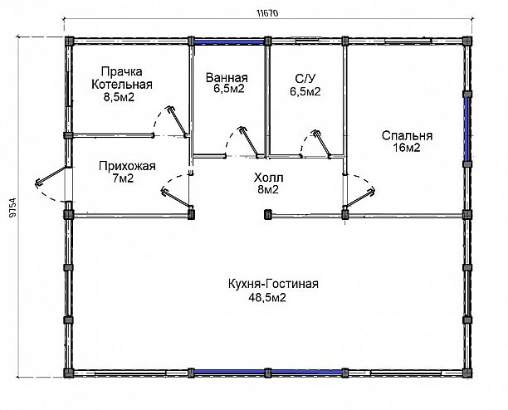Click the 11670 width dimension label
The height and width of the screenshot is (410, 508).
pyautogui.click(x=267, y=13)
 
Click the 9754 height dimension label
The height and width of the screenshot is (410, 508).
pyautogui.click(x=12, y=207)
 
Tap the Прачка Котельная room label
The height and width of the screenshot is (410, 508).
pyautogui.click(x=121, y=78)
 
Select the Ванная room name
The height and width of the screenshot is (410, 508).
pyautogui.click(x=227, y=78)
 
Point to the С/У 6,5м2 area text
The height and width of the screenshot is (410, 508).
pyautogui.click(x=305, y=85)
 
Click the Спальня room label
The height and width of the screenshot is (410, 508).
pyautogui.click(x=407, y=135)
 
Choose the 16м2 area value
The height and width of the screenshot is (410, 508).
pyautogui.click(x=407, y=148)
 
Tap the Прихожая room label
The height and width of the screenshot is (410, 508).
pyautogui.click(x=127, y=166)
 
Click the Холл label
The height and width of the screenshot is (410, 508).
pyautogui.click(x=269, y=178)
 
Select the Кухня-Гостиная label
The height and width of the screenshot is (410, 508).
pyautogui.click(x=273, y=284)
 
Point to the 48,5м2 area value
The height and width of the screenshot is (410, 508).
pyautogui.click(x=267, y=297)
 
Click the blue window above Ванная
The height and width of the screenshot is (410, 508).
pyautogui.click(x=229, y=41)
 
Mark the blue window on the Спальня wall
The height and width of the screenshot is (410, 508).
pyautogui.click(x=466, y=129)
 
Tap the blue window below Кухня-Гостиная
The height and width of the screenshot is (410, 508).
pyautogui.click(x=267, y=373)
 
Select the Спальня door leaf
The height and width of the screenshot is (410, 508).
pyautogui.click(x=359, y=198)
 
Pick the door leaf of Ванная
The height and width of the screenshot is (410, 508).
pyautogui.click(x=249, y=142)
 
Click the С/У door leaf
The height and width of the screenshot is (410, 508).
pyautogui.click(x=321, y=144)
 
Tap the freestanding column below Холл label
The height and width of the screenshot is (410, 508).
pyautogui.click(x=267, y=214)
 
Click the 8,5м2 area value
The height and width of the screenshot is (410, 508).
pyautogui.click(x=119, y=97)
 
